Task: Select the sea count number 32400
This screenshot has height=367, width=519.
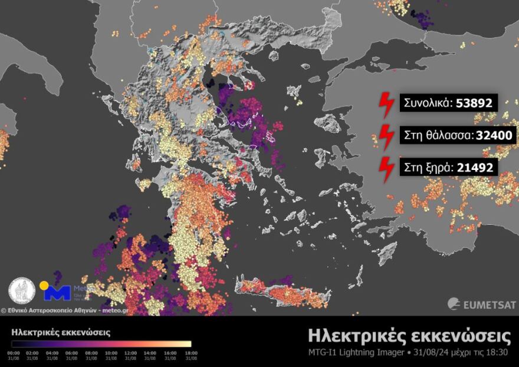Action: point(494,136)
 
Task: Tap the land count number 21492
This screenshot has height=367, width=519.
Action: point(475,168)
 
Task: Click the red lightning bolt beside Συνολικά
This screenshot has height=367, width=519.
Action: point(386,104)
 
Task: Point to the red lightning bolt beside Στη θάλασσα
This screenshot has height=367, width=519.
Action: point(386,136)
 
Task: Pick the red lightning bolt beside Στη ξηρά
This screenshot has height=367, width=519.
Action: point(386,168)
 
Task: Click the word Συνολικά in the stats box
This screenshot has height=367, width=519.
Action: point(426,103)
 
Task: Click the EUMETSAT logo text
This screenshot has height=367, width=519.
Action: point(489,304)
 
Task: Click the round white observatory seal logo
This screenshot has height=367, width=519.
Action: point(22,291)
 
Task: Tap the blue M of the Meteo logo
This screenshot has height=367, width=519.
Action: point(58,293)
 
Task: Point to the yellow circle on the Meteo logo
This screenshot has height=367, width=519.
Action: point(44,286)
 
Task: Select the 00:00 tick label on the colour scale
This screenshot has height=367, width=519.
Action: point(14,353)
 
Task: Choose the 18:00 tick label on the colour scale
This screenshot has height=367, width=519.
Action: point(190,353)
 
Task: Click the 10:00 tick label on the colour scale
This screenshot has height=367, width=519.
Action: point(111,353)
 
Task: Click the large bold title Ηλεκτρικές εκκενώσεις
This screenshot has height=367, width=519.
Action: point(409,336)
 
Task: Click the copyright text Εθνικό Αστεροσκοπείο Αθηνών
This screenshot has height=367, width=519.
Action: point(51,309)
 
